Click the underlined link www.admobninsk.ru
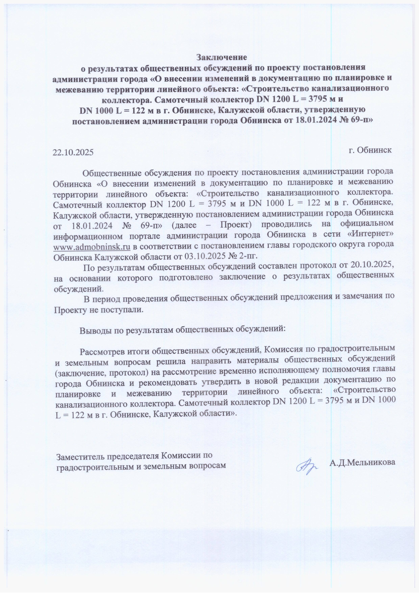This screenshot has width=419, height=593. tap(92, 247)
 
